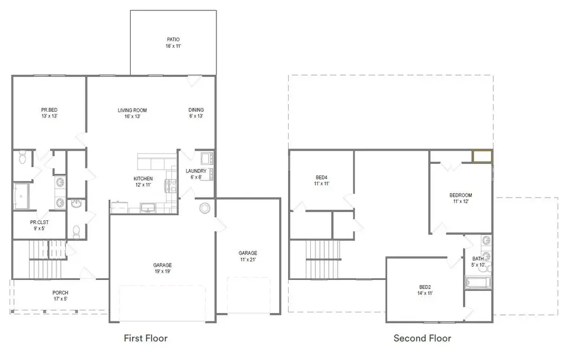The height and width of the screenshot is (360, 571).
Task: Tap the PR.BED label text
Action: (49, 110)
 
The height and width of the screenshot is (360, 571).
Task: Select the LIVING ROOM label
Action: (132, 110)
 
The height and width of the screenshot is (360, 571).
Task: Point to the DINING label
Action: (196, 110)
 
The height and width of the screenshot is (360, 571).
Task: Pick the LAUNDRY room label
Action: (195, 171)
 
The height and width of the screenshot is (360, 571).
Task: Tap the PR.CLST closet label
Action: (39, 222)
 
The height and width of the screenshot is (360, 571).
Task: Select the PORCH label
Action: (60, 293)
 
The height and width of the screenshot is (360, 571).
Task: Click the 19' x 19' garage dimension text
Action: (162, 272)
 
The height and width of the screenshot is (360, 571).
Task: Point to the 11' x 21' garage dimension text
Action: (247, 259)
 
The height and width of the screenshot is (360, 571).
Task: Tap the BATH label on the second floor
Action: (478, 258)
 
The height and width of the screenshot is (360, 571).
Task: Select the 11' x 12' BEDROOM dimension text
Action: (461, 202)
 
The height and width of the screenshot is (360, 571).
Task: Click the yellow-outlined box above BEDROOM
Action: (482, 156)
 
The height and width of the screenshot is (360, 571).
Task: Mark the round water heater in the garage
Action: (205, 208)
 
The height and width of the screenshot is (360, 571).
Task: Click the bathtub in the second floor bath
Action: (478, 283)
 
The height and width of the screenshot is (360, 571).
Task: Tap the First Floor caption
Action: (145, 338)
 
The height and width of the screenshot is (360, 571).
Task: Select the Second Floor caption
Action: (422, 338)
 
